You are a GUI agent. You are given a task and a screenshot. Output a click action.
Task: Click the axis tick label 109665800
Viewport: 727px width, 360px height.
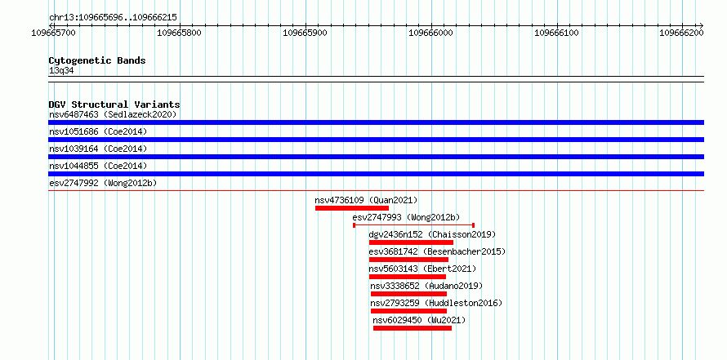180,33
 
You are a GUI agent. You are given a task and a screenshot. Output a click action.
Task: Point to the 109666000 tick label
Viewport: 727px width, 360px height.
430,33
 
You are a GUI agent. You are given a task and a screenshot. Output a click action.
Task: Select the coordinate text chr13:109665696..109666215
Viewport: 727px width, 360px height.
113,18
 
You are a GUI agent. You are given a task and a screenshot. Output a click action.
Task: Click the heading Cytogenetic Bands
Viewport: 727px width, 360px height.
97,60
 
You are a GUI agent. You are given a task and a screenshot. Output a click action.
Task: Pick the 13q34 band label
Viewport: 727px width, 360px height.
61,71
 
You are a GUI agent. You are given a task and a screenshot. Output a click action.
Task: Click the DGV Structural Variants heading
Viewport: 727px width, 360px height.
114,104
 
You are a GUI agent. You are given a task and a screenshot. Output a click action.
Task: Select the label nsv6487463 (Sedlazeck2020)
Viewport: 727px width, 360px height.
113,114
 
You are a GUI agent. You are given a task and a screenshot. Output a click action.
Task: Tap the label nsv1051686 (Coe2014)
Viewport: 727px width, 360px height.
98,131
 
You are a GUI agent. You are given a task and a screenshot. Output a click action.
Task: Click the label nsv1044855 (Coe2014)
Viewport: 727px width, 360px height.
98,166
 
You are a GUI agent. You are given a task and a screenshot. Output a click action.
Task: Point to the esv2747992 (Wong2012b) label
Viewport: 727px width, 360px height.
103,183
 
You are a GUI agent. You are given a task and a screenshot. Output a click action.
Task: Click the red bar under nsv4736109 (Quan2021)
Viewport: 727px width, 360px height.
352,208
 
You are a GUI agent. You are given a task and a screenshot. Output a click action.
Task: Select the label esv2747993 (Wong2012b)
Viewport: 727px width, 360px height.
406,217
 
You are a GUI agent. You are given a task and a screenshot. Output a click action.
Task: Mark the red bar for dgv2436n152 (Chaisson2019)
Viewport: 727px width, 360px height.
411,242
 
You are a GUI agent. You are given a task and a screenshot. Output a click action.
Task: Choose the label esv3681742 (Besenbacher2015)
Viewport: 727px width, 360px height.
437,251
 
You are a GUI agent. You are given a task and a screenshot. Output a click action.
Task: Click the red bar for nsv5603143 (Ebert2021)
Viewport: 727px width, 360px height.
408,277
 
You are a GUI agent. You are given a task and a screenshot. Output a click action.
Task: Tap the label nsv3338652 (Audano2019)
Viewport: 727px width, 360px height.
426,286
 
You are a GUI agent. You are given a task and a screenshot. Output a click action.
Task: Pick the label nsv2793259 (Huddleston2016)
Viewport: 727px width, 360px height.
436,303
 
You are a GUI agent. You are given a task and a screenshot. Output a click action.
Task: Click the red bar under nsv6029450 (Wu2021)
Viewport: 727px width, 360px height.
413,328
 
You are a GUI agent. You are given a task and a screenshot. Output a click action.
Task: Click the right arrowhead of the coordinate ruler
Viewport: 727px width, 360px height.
702,25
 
